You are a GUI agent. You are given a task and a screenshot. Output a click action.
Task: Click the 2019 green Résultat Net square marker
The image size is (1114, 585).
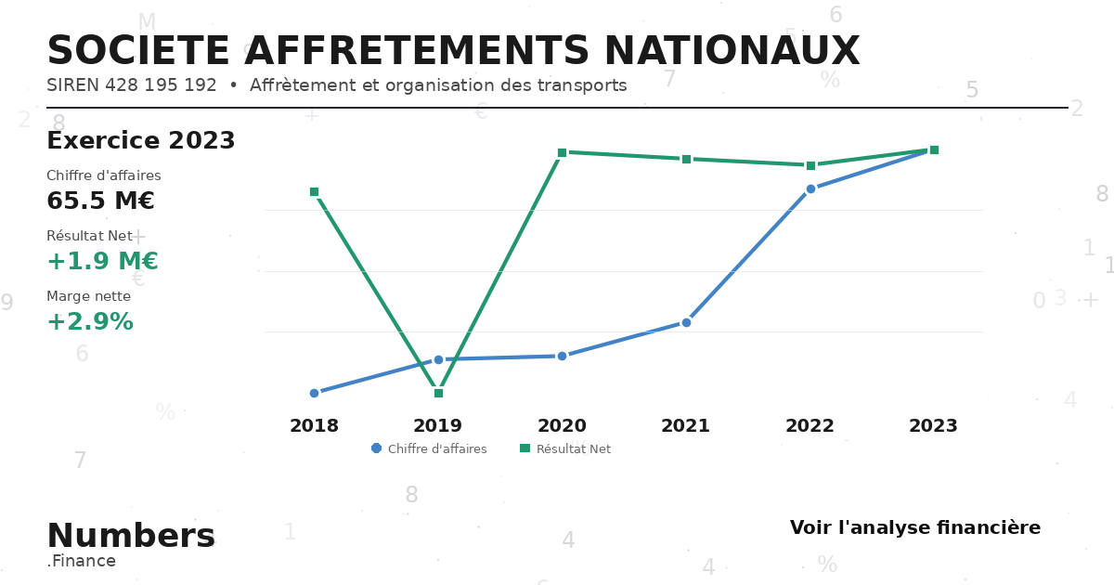pyautogui.click(x=438, y=393)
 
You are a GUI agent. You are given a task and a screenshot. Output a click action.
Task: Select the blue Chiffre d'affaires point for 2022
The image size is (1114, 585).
pyautogui.click(x=810, y=189)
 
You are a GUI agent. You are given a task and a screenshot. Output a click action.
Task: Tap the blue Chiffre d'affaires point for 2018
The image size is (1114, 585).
pyautogui.click(x=315, y=393)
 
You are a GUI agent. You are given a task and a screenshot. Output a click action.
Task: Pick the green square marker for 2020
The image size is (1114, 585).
pyautogui.click(x=562, y=152)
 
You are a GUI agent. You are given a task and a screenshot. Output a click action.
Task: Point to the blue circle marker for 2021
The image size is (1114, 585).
pyautogui.click(x=686, y=323)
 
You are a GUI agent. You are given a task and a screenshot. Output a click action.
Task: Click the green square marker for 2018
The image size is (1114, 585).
pyautogui.click(x=315, y=192)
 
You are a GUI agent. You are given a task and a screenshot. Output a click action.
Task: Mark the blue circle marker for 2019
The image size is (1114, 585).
pyautogui.click(x=438, y=359)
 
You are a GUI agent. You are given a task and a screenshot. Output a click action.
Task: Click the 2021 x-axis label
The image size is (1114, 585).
pyautogui.click(x=685, y=426)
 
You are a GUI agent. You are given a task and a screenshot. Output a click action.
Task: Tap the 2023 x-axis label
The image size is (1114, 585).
pyautogui.click(x=933, y=426)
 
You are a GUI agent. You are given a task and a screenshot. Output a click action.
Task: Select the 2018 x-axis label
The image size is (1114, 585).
pyautogui.click(x=315, y=426)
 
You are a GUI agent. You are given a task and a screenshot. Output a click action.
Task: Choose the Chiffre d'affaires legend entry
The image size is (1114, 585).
pyautogui.click(x=429, y=448)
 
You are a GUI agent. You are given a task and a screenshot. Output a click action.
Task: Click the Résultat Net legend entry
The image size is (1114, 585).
pyautogui.click(x=565, y=448)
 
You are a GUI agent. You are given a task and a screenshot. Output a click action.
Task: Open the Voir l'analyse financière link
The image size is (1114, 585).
pyautogui.click(x=915, y=527)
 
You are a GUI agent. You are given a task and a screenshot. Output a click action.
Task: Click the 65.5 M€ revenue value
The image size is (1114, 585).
pyautogui.click(x=100, y=201)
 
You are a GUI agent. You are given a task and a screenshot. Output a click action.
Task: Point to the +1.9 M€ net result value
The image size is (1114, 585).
pyautogui.click(x=102, y=261)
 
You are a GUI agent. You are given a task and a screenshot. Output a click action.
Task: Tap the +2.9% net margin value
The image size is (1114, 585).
pyautogui.click(x=90, y=321)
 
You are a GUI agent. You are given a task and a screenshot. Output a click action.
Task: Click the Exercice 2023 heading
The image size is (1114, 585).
pyautogui.click(x=141, y=140)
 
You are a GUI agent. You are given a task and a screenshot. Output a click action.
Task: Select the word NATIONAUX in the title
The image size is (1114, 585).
pyautogui.click(x=732, y=51)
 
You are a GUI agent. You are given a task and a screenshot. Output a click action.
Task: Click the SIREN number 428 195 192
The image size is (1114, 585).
pyautogui.click(x=161, y=85)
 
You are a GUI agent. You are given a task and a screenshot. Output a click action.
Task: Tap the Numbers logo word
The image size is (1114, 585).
pyautogui.click(x=131, y=535)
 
